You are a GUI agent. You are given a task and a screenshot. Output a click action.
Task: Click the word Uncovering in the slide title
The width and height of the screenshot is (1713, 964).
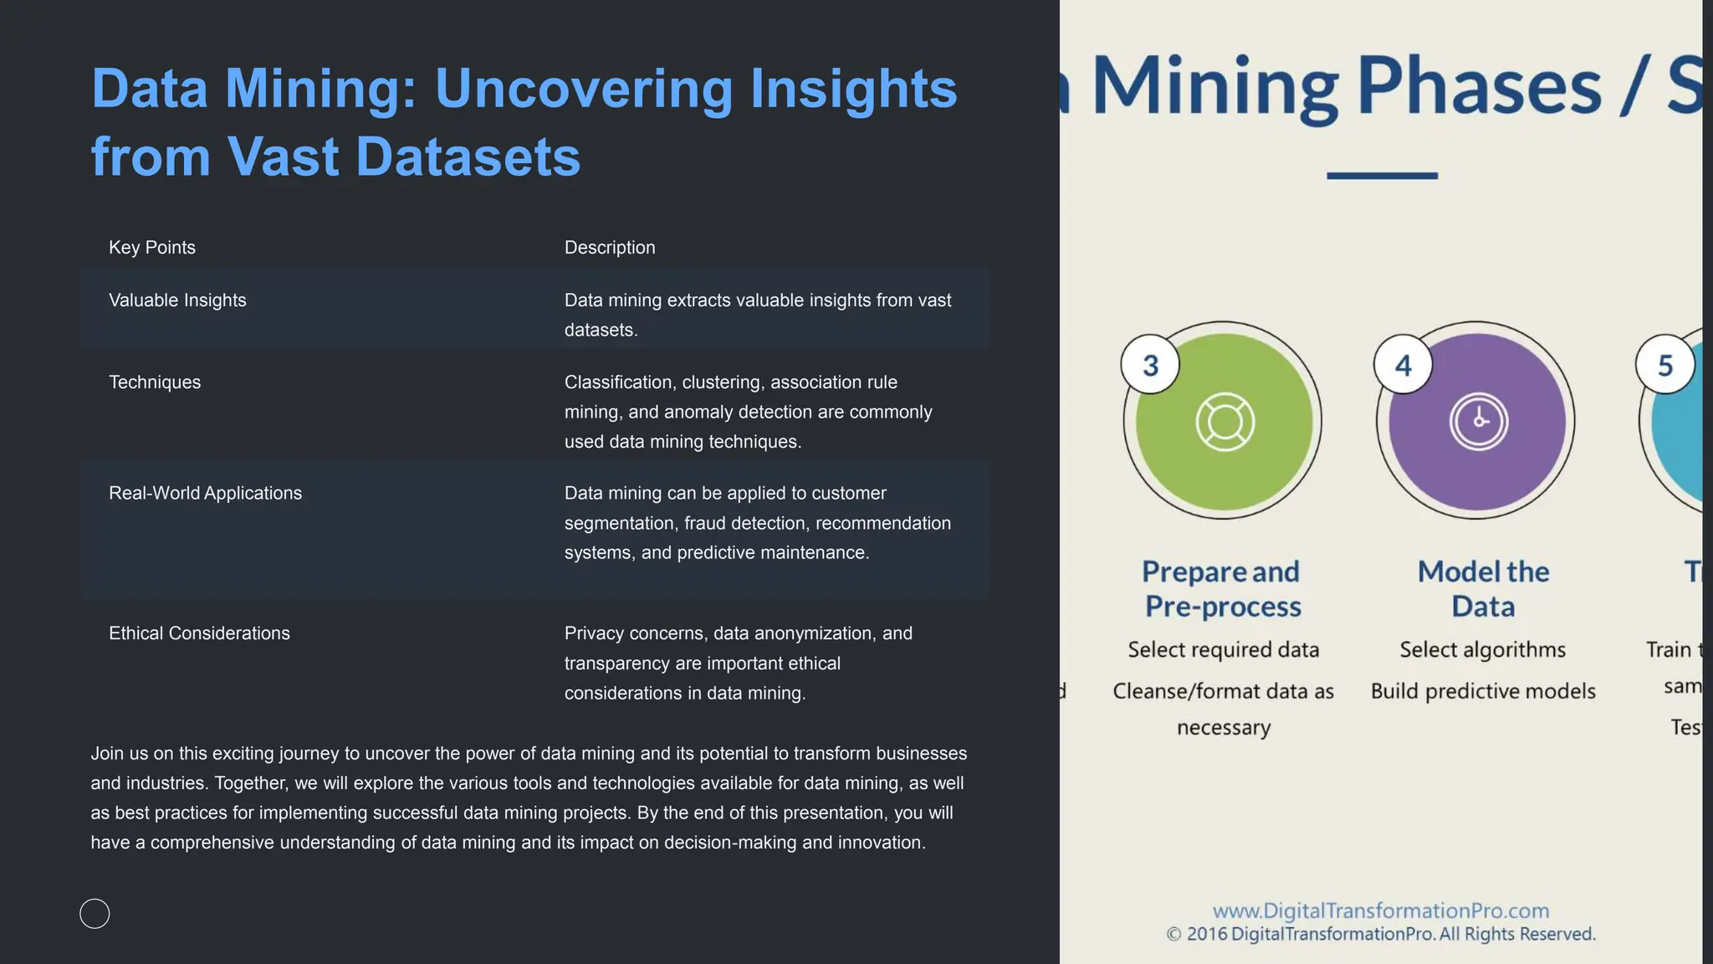point(583,89)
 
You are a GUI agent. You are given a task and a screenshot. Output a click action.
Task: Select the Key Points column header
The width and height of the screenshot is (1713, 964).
point(152,248)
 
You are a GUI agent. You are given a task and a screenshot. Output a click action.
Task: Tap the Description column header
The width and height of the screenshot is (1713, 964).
point(610,248)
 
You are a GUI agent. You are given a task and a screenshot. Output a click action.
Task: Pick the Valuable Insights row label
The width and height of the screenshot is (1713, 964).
point(177,300)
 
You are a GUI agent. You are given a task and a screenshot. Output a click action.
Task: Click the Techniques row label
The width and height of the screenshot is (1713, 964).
point(155,382)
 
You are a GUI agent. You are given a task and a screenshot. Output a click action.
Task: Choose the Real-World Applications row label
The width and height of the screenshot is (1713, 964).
point(205,494)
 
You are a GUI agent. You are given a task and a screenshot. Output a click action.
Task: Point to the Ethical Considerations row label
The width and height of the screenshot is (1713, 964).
point(199,633)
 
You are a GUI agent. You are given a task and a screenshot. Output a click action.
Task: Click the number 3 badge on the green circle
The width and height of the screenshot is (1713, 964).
point(1150,365)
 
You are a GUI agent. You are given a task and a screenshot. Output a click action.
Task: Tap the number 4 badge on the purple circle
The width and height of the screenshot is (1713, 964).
point(1403,365)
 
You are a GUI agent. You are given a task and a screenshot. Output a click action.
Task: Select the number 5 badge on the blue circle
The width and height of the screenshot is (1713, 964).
point(1664,365)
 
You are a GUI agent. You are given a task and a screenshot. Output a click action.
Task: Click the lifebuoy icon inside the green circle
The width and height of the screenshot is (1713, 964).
point(1225,422)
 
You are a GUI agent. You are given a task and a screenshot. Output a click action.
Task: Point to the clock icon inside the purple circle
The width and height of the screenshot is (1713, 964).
point(1479,421)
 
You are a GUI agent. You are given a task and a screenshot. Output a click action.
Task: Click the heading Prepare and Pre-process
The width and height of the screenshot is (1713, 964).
point(1222,589)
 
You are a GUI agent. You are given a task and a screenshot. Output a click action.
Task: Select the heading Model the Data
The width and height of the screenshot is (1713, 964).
point(1483,589)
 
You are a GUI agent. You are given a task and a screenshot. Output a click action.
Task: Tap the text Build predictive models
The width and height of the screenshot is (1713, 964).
point(1483,691)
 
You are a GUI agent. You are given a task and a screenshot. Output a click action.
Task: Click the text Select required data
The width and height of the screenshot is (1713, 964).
point(1223,650)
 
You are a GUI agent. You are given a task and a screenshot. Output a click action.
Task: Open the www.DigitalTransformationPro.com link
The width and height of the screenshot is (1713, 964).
point(1381,910)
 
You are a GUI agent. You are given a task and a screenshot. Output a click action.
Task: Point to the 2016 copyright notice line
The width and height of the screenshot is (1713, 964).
point(1381,934)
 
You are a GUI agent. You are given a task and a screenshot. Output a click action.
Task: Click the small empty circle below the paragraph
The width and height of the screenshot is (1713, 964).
point(95,914)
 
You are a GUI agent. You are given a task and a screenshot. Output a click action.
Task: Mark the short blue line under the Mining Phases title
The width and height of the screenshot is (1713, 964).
point(1382,176)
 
